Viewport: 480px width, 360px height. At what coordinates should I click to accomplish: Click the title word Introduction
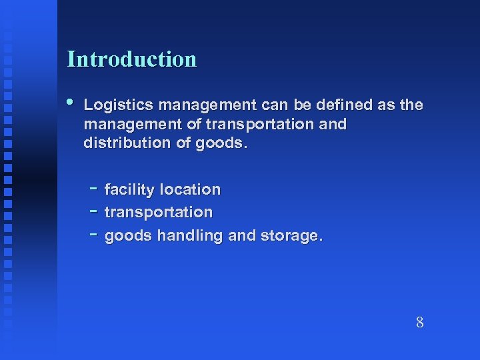pyautogui.click(x=132, y=59)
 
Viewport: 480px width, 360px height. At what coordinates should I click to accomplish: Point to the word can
pyautogui.click(x=274, y=105)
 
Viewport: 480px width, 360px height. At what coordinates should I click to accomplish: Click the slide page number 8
pyautogui.click(x=419, y=323)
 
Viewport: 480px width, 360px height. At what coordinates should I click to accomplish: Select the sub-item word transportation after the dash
pyautogui.click(x=159, y=213)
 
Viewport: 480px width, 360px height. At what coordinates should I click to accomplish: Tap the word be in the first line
pyautogui.click(x=305, y=105)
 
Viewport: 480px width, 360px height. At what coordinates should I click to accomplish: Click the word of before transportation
pyautogui.click(x=194, y=124)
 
